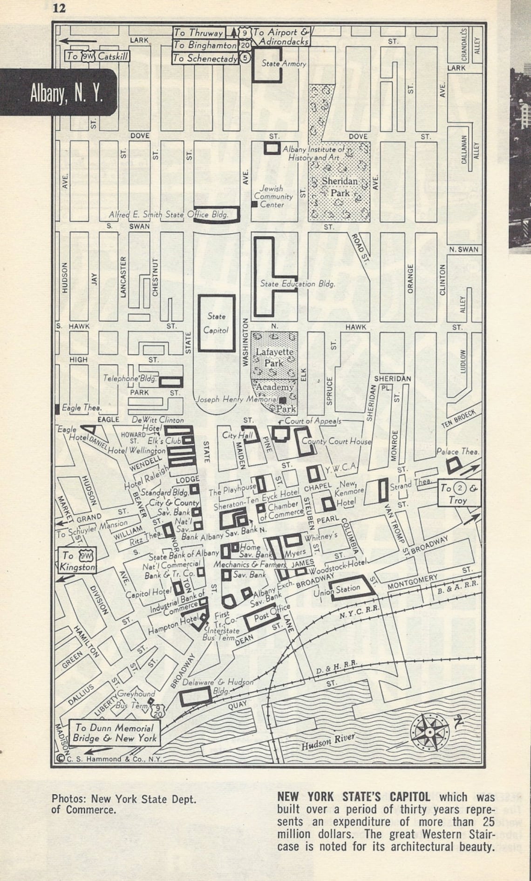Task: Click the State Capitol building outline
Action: point(217,323)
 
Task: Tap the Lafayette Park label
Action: point(274,357)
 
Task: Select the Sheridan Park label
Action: point(340,186)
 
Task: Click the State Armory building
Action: point(267,65)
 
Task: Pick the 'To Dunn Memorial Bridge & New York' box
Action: point(114,733)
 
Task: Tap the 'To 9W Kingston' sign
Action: point(78,561)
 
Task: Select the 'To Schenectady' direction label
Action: point(205,58)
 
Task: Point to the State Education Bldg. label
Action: point(297,284)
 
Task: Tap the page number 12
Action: point(59,8)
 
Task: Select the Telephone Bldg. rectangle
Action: point(170,382)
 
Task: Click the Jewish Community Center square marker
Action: point(254,204)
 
